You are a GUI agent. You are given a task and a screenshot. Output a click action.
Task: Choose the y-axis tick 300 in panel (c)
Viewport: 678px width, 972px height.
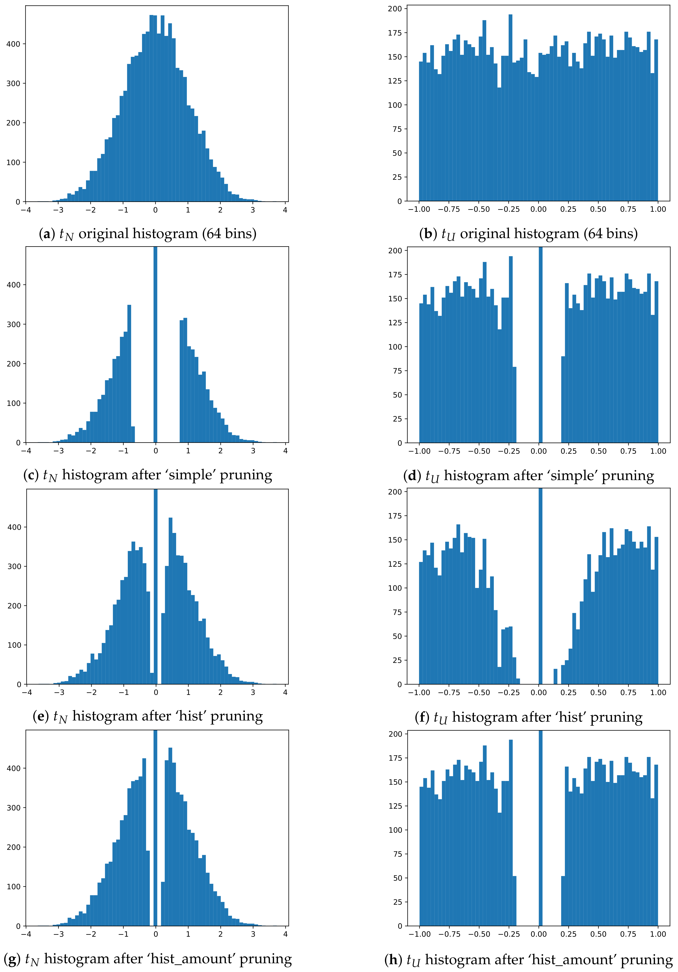[x=13, y=324]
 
